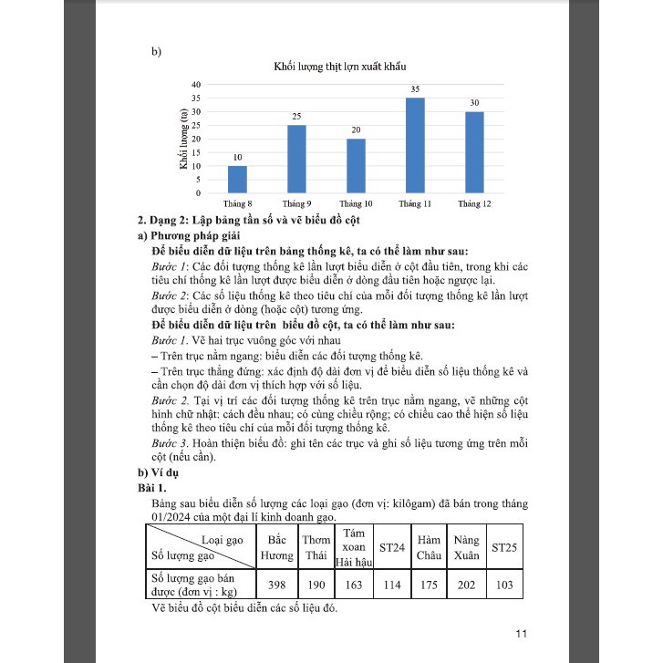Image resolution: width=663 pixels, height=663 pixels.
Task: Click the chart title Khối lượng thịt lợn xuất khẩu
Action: [339, 67]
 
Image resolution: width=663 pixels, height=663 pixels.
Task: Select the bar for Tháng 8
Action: [237, 180]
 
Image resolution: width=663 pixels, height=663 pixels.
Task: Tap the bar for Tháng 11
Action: [415, 146]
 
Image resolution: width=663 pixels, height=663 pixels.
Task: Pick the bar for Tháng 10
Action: [356, 166]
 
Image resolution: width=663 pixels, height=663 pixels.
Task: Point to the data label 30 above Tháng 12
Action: [474, 104]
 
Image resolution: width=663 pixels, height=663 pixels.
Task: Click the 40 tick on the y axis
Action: [196, 84]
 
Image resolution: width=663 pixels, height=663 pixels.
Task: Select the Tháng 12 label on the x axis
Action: [474, 203]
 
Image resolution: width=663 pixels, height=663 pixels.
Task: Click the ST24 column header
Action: [391, 547]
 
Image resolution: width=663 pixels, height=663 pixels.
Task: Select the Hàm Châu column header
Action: [429, 547]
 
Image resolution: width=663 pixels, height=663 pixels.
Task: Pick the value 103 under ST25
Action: [503, 585]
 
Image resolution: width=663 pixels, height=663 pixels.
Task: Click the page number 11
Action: [522, 634]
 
